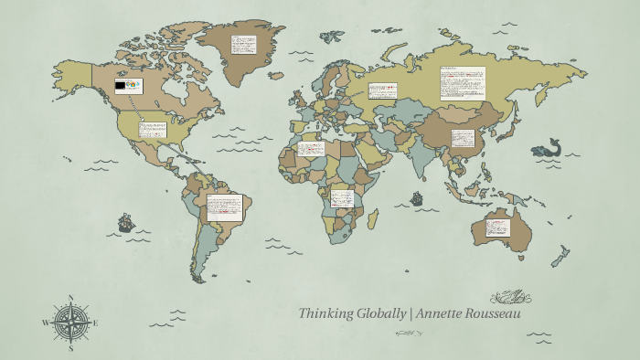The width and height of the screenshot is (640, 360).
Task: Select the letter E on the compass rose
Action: coord(96,323)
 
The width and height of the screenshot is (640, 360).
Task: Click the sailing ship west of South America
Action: coord(125,222)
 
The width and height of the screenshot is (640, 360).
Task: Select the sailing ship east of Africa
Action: coord(417,197)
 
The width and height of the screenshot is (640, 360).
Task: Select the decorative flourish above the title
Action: coord(510,297)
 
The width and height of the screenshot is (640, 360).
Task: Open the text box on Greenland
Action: coord(243,45)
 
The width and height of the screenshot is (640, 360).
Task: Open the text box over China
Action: coord(464,139)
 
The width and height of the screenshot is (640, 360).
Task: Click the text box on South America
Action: coord(224,207)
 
